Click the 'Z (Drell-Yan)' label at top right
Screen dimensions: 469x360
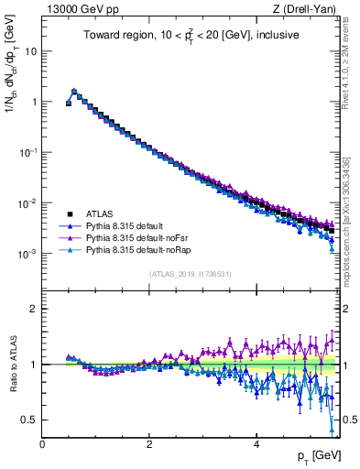pos(310,8)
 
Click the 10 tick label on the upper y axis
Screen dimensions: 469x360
pos(30,52)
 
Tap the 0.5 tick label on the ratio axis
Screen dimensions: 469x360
pos(28,420)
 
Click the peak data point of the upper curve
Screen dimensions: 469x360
pos(74,92)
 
